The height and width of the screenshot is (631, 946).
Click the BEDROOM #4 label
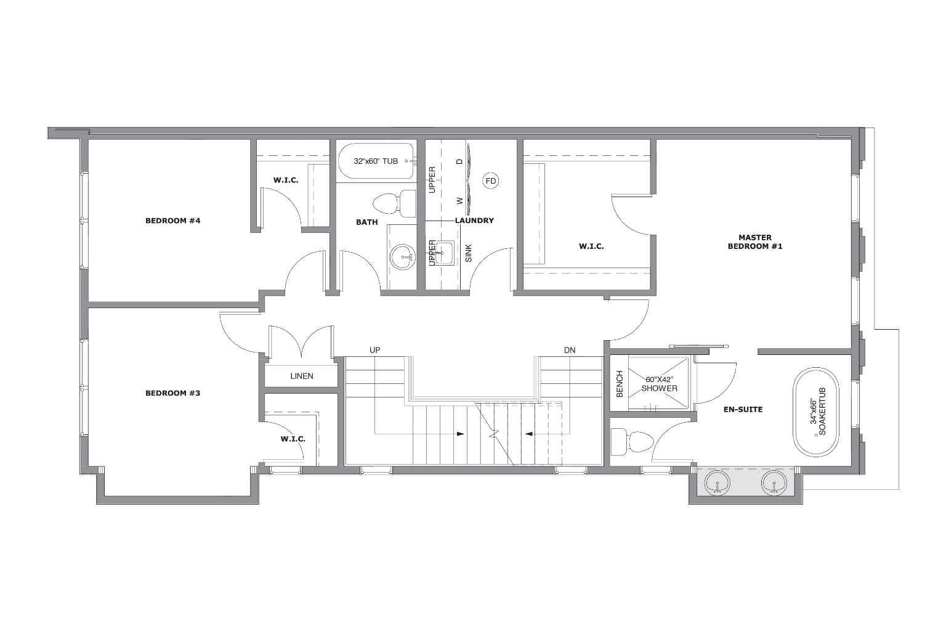tap(172, 221)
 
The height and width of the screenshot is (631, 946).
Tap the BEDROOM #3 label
tap(172, 393)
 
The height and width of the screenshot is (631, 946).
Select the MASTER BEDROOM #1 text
tap(755, 242)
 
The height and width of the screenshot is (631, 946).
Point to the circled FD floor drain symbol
tap(491, 181)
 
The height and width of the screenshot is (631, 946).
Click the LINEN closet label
tap(302, 376)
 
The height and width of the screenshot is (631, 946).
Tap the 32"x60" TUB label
tap(376, 161)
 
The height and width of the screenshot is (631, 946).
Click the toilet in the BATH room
tap(395, 204)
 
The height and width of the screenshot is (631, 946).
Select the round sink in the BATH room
tap(402, 256)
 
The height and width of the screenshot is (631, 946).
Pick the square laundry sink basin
tap(444, 253)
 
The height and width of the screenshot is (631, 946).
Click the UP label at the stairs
tap(375, 350)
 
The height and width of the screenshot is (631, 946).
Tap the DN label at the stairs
tap(570, 350)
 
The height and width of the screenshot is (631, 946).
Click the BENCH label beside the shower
tap(620, 384)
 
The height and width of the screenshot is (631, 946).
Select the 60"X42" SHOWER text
tap(659, 384)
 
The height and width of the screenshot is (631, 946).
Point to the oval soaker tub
tap(816, 412)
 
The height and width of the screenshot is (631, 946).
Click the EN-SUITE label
tap(743, 409)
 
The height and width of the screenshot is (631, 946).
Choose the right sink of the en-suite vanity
tap(774, 482)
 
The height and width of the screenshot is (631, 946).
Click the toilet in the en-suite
tap(633, 442)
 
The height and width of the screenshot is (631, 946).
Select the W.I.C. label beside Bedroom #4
tap(286, 180)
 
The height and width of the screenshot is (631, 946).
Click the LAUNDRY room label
tap(474, 220)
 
